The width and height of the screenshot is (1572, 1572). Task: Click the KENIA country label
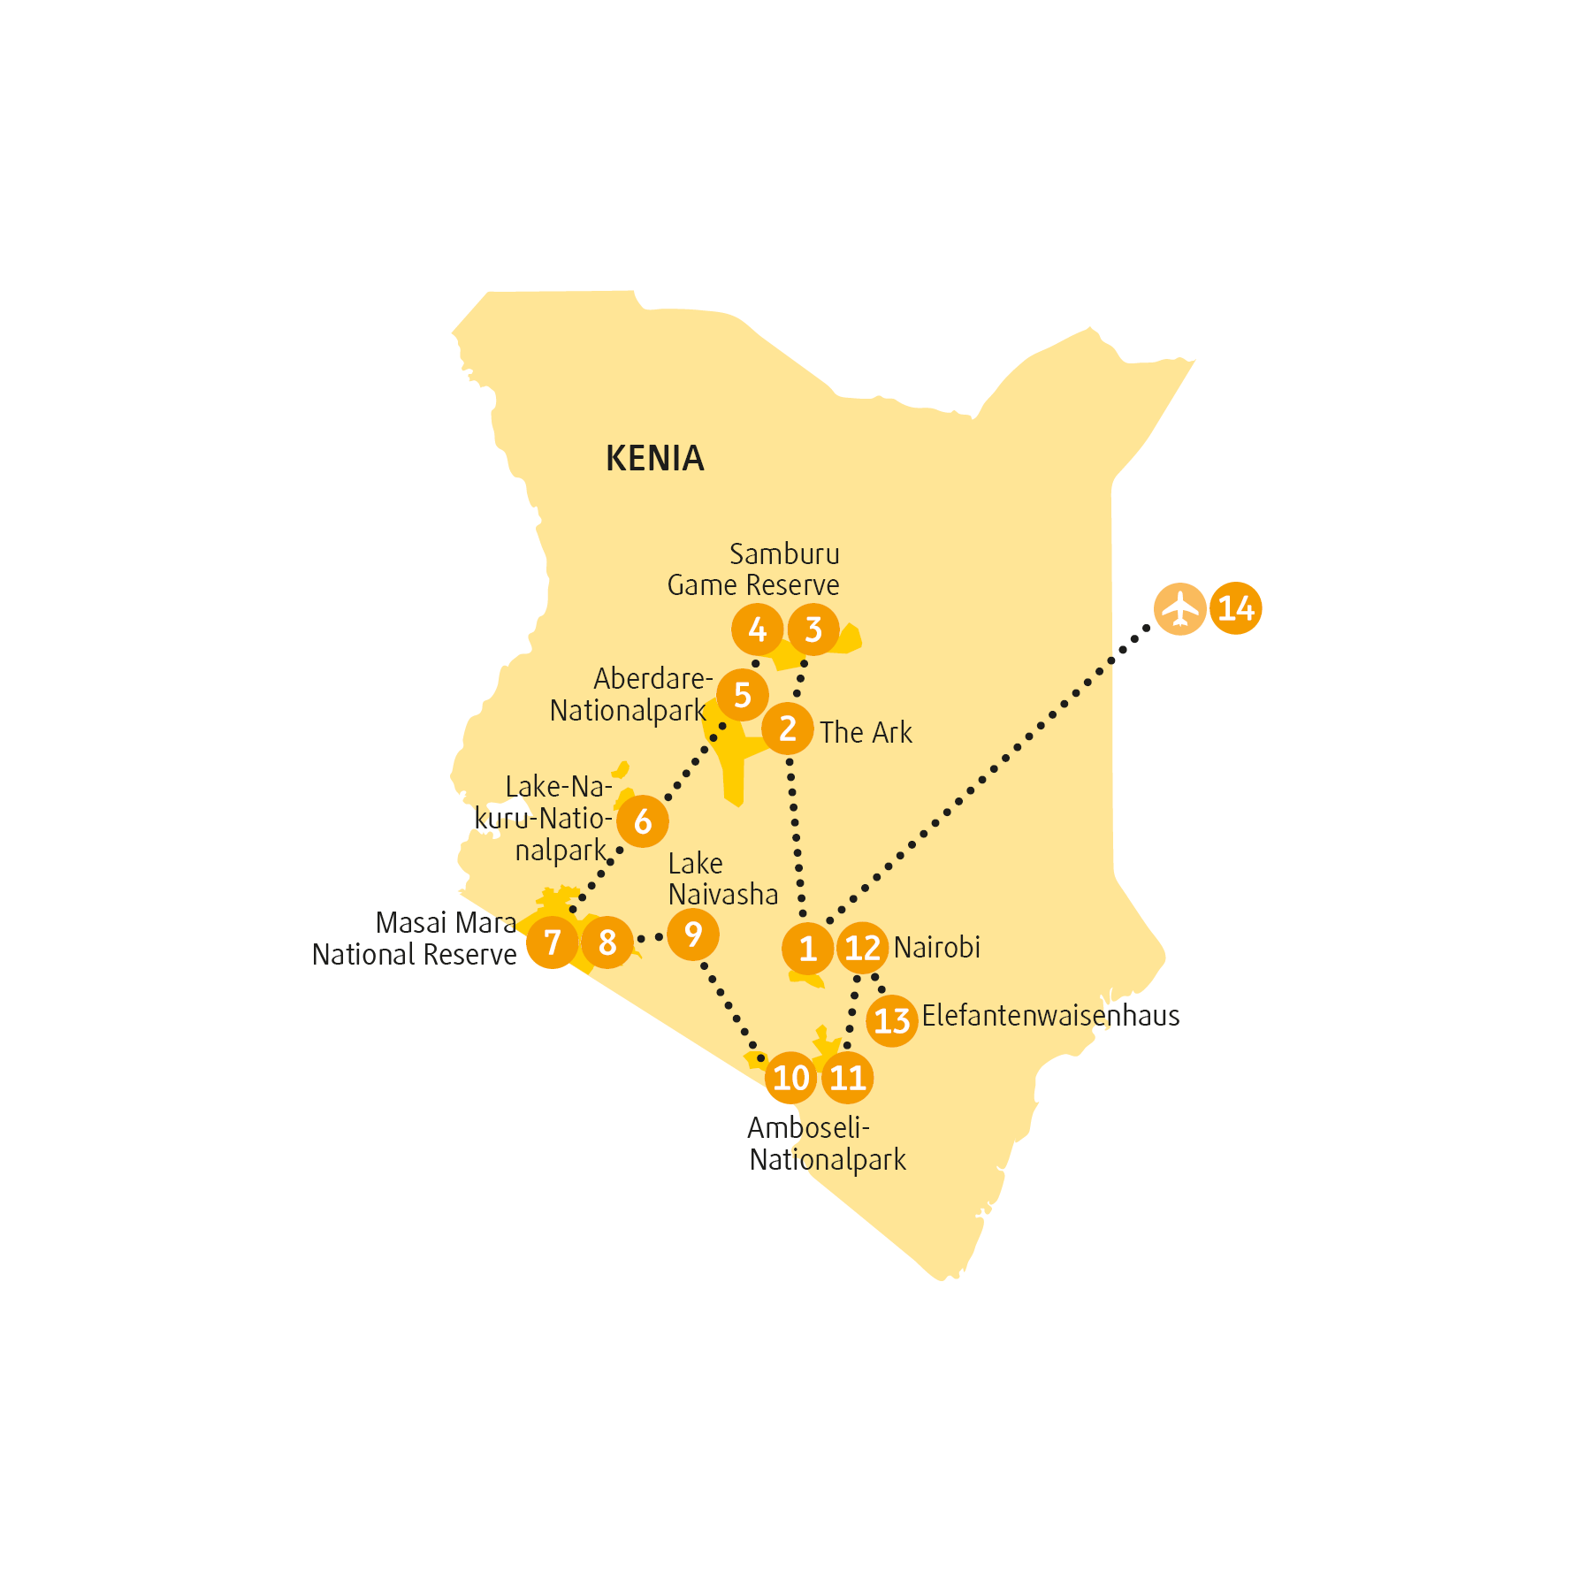point(655,458)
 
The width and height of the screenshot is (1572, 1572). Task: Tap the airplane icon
point(1180,609)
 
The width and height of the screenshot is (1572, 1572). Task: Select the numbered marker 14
point(1236,609)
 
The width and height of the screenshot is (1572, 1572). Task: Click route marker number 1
point(808,949)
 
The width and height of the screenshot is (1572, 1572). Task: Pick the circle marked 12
point(863,948)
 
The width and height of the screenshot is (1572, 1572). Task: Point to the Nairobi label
point(937,947)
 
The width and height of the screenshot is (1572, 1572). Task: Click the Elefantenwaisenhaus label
point(1051,1015)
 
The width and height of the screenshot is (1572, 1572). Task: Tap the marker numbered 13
point(892,1021)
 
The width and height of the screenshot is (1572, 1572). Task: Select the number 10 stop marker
point(791,1078)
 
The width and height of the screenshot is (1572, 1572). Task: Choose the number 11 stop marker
point(848,1078)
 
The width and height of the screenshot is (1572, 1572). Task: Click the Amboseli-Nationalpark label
point(828,1144)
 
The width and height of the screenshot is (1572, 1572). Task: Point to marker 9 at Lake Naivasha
point(693,935)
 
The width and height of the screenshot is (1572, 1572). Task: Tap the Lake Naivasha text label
point(723,879)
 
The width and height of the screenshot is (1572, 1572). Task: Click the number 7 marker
point(553,942)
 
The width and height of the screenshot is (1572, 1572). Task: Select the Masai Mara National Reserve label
point(415,939)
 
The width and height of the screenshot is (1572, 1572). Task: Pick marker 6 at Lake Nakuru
point(643,821)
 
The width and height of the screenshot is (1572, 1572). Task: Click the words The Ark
point(866,732)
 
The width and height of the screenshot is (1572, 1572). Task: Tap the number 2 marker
point(788,729)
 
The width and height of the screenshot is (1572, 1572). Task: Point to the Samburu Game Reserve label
point(753,569)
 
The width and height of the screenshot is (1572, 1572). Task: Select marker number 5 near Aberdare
point(743,695)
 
